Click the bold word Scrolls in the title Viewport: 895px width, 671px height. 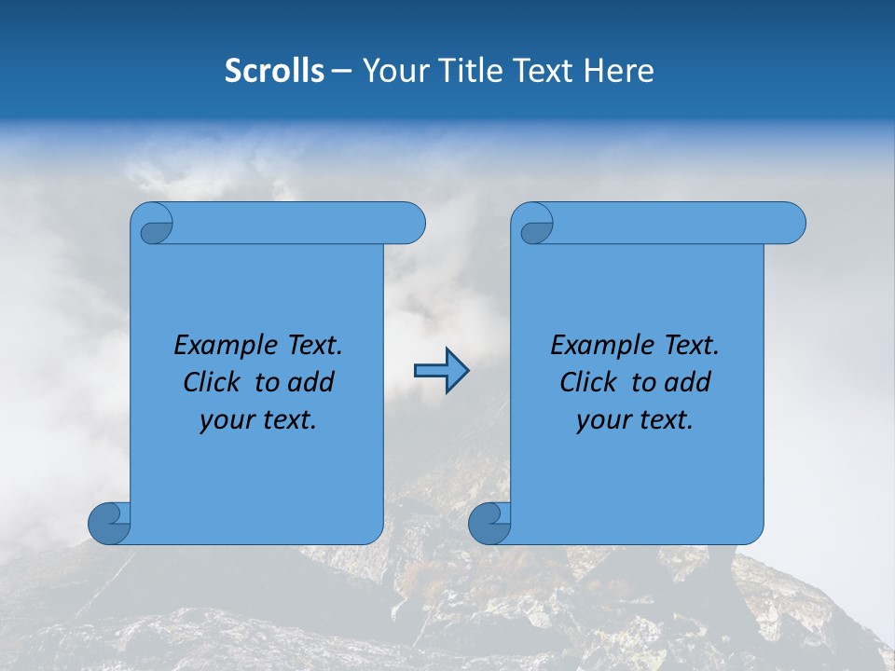[x=275, y=71]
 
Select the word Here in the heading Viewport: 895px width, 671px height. [x=618, y=71]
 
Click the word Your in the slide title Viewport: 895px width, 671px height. [x=392, y=71]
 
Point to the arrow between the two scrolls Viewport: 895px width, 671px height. [x=441, y=371]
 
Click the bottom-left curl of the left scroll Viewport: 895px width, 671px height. [x=110, y=524]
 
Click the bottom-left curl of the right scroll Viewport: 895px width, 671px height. [x=489, y=524]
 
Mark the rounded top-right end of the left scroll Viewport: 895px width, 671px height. [x=410, y=224]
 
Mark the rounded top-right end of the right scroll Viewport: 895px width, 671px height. [x=791, y=224]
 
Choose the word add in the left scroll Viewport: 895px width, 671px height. [x=311, y=382]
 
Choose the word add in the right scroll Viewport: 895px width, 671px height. [x=688, y=382]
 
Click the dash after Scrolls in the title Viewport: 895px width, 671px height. [x=341, y=72]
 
